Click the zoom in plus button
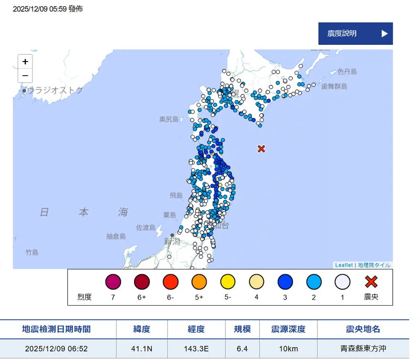pos(25,62)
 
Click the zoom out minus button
pos(25,75)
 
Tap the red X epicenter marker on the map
pos(261,149)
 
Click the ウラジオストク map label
pos(54,90)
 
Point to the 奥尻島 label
pos(169,119)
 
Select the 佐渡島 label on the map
pos(146,227)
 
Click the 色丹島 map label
pos(347,72)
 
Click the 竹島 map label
pos(32,252)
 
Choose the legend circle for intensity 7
pos(113,282)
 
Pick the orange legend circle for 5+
pos(199,282)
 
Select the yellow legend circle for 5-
pos(228,282)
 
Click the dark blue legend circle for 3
pos(285,282)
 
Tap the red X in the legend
pos(371,282)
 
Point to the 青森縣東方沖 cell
pos(363,349)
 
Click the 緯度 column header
pos(142,329)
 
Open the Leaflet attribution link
pos(344,265)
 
